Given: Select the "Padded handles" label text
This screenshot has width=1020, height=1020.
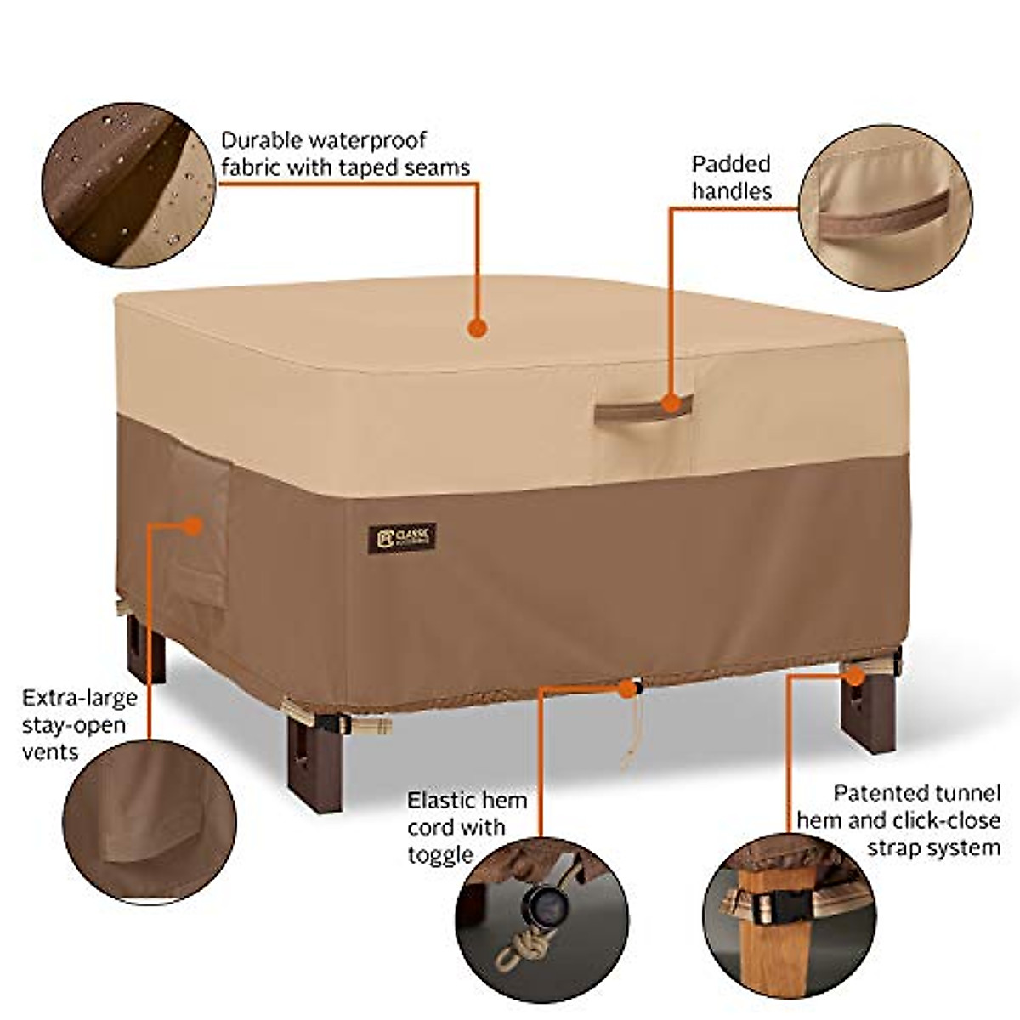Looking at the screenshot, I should pos(731,178).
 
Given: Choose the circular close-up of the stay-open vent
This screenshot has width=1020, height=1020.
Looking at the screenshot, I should pos(150,822).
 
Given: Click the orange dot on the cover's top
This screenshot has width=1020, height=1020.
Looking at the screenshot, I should pos(478,327).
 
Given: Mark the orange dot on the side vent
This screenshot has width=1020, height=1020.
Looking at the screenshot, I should pos(193,526).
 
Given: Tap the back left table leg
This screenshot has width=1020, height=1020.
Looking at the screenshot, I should pos(146,649).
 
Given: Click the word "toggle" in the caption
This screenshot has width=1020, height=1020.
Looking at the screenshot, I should pos(439,854).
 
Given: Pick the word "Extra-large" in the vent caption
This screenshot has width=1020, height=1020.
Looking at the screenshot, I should pos(80,699).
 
